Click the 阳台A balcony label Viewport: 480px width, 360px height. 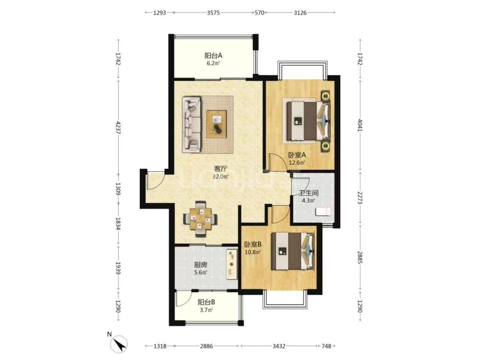[213, 56]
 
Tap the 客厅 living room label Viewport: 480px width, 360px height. [221, 169]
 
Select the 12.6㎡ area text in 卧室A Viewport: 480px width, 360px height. [297, 163]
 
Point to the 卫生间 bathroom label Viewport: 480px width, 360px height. [309, 193]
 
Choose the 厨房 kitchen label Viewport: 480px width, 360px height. [201, 265]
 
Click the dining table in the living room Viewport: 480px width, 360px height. [201, 219]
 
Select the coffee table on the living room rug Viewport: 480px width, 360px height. [216, 124]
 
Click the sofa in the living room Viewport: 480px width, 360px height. [192, 124]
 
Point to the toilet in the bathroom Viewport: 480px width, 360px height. [323, 212]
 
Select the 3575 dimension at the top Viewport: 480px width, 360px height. [213, 13]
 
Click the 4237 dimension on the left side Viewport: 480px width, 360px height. [119, 127]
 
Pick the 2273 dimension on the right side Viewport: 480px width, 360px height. [360, 198]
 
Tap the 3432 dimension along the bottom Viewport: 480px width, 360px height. [279, 346]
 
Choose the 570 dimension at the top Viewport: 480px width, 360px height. [259, 13]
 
